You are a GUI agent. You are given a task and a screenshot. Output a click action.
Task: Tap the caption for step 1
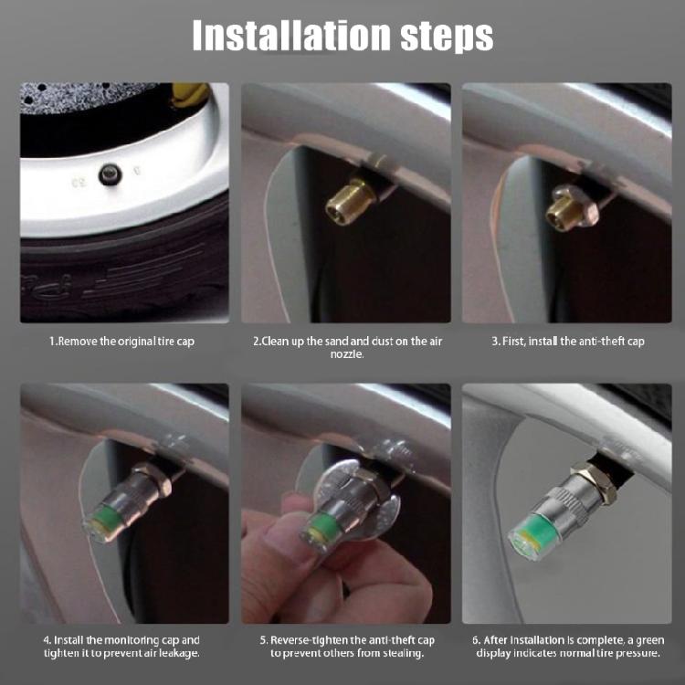tap(121, 341)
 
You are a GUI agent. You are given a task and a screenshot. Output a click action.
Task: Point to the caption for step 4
tap(121, 647)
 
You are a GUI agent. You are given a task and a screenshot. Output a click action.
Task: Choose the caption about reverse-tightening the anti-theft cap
tap(346, 647)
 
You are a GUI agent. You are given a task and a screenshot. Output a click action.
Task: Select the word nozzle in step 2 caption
tap(346, 353)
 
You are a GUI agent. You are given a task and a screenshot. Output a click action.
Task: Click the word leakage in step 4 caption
tap(179, 654)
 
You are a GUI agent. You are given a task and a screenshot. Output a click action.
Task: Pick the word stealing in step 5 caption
tap(396, 654)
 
